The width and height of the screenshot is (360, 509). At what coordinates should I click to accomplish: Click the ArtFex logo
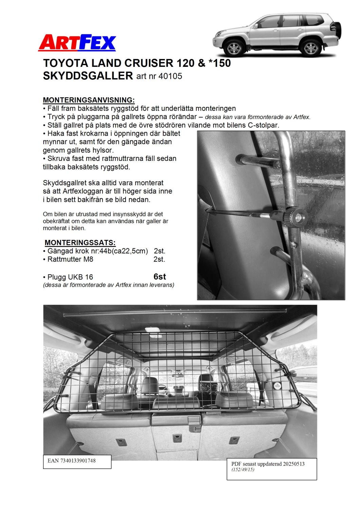pyautogui.click(x=77, y=43)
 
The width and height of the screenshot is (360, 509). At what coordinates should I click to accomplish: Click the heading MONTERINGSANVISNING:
pyautogui.click(x=89, y=100)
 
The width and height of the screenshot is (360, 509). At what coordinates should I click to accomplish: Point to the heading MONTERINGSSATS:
pyautogui.click(x=80, y=243)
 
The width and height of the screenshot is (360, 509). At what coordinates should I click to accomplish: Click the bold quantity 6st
pyautogui.click(x=159, y=277)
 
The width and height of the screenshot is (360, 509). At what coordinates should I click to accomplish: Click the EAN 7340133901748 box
pyautogui.click(x=77, y=461)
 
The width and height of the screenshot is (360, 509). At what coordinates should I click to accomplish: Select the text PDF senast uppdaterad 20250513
pyautogui.click(x=268, y=464)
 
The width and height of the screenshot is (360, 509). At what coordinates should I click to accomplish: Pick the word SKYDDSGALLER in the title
pyautogui.click(x=88, y=76)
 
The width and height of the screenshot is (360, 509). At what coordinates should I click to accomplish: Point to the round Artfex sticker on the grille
pyautogui.click(x=278, y=386)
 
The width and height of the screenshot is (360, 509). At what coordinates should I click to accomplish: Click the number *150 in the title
pyautogui.click(x=219, y=63)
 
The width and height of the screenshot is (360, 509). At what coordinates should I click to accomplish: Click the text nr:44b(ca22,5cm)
pyautogui.click(x=118, y=251)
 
